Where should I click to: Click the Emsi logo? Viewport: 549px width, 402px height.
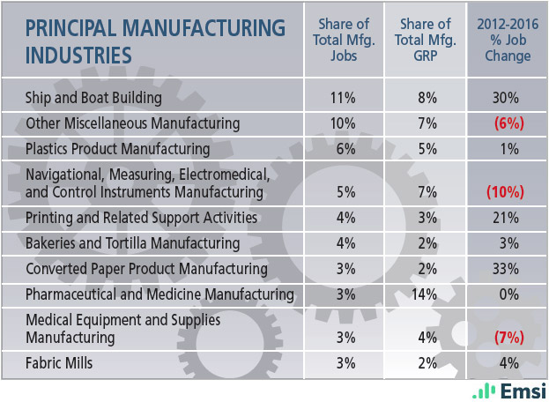pos(509,391)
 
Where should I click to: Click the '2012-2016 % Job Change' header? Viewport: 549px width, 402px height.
pos(508,41)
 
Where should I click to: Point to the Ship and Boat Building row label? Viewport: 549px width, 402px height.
pos(94,98)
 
